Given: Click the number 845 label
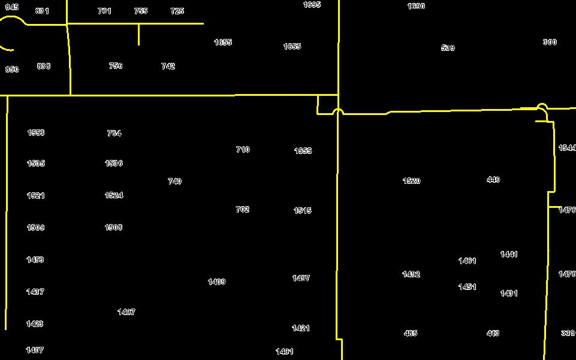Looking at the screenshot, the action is tap(12, 7).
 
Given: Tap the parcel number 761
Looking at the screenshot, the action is tap(104, 11).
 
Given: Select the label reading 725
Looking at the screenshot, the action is tap(177, 11).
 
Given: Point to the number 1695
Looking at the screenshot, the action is tap(312, 5).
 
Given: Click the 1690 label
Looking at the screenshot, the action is tap(416, 7).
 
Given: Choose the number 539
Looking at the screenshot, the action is tap(448, 48).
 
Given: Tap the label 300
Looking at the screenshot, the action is tap(550, 43).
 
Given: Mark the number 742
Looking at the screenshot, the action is tap(168, 66).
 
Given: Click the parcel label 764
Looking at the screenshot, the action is tap(114, 134).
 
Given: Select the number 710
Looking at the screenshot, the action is tap(243, 150).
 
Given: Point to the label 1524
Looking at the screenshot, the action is tap(114, 195).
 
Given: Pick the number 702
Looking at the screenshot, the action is tap(242, 210).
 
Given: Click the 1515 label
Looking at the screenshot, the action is tap(303, 211).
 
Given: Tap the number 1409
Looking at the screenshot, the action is tap(216, 282).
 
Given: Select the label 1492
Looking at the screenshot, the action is tap(411, 274).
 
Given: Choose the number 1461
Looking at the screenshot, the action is tap(467, 261).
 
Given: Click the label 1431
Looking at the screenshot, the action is tap(509, 294).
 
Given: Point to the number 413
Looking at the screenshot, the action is tap(493, 334).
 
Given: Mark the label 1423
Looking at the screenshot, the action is tap(35, 324).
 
